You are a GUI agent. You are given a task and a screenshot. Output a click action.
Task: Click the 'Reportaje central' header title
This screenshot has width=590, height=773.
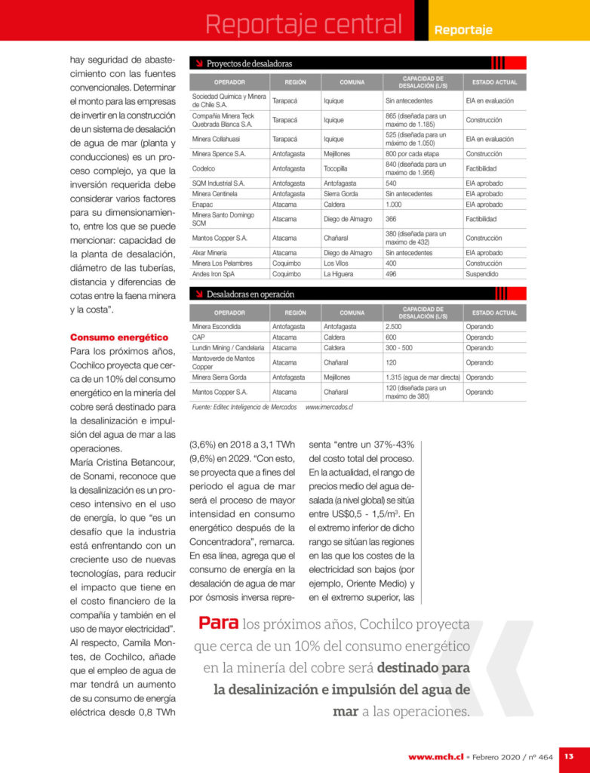coord(304,24)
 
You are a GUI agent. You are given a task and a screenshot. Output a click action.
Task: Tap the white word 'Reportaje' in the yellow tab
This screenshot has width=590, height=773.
coord(463,30)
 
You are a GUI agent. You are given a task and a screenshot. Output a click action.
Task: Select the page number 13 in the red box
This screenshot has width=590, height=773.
coord(569,756)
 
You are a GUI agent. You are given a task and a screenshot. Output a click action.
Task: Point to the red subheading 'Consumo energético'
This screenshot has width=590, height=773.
coord(119,337)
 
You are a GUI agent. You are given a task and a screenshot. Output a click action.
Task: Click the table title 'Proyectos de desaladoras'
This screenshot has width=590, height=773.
coord(249,63)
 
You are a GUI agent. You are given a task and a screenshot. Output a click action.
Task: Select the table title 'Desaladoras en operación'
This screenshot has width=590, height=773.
coord(250,294)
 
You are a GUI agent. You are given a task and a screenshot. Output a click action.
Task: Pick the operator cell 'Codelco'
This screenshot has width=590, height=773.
coord(204,168)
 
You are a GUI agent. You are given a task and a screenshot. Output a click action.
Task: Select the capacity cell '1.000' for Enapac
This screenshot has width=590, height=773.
coord(394,205)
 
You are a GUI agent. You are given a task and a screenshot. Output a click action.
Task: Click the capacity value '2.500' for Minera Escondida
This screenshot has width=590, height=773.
coord(395,327)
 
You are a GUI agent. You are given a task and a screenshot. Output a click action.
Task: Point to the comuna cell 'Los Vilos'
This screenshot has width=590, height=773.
coord(336,263)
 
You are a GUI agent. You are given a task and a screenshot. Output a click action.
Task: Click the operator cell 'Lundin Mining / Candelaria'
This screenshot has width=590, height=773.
coord(228,348)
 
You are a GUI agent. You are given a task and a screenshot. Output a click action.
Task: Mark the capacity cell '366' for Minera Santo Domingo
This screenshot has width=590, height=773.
coord(391,219)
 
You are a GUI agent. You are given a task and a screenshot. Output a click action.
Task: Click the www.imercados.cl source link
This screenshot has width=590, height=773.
coord(329,407)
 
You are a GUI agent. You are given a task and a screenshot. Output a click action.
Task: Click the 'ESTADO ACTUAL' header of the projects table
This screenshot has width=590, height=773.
coord(494,82)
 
